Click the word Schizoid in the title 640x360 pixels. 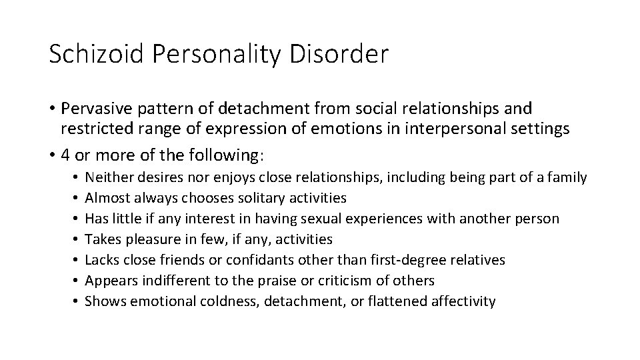pyautogui.click(x=95, y=54)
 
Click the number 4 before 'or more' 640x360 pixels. pyautogui.click(x=65, y=156)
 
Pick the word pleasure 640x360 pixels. pyautogui.click(x=149, y=239)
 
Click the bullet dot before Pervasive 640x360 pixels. pyautogui.click(x=52, y=108)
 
